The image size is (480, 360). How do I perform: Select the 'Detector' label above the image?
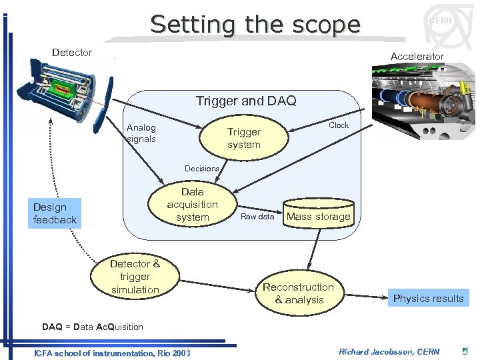click(72, 53)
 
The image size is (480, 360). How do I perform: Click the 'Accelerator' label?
click(417, 57)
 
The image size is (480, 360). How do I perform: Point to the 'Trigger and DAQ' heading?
click(246, 101)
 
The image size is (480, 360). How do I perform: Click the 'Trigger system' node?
click(244, 138)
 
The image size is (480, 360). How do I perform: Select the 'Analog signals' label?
click(141, 133)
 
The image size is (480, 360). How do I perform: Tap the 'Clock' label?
click(339, 125)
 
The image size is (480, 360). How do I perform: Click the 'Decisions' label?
click(201, 169)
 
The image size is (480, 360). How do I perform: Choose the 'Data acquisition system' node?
click(192, 205)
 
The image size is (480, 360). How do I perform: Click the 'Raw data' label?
click(257, 217)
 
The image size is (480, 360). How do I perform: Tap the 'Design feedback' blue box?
click(55, 213)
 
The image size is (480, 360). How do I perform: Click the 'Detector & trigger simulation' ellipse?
click(135, 277)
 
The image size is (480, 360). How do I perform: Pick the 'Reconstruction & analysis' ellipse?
click(298, 293)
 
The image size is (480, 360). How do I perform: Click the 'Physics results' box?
click(428, 298)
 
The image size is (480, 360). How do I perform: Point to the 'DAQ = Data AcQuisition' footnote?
click(93, 327)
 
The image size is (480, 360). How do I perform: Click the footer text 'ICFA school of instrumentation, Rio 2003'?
click(112, 353)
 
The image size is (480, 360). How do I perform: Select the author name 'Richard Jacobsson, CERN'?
click(389, 351)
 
